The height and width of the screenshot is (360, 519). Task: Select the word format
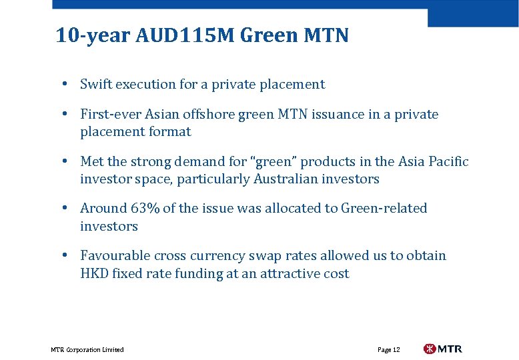(171, 131)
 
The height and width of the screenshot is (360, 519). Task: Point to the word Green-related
(384, 208)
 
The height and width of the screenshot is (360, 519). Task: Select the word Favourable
(115, 255)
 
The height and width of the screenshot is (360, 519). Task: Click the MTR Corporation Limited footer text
(87, 349)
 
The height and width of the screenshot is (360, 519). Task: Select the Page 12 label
(388, 349)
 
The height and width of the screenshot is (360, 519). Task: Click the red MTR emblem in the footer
(430, 349)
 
